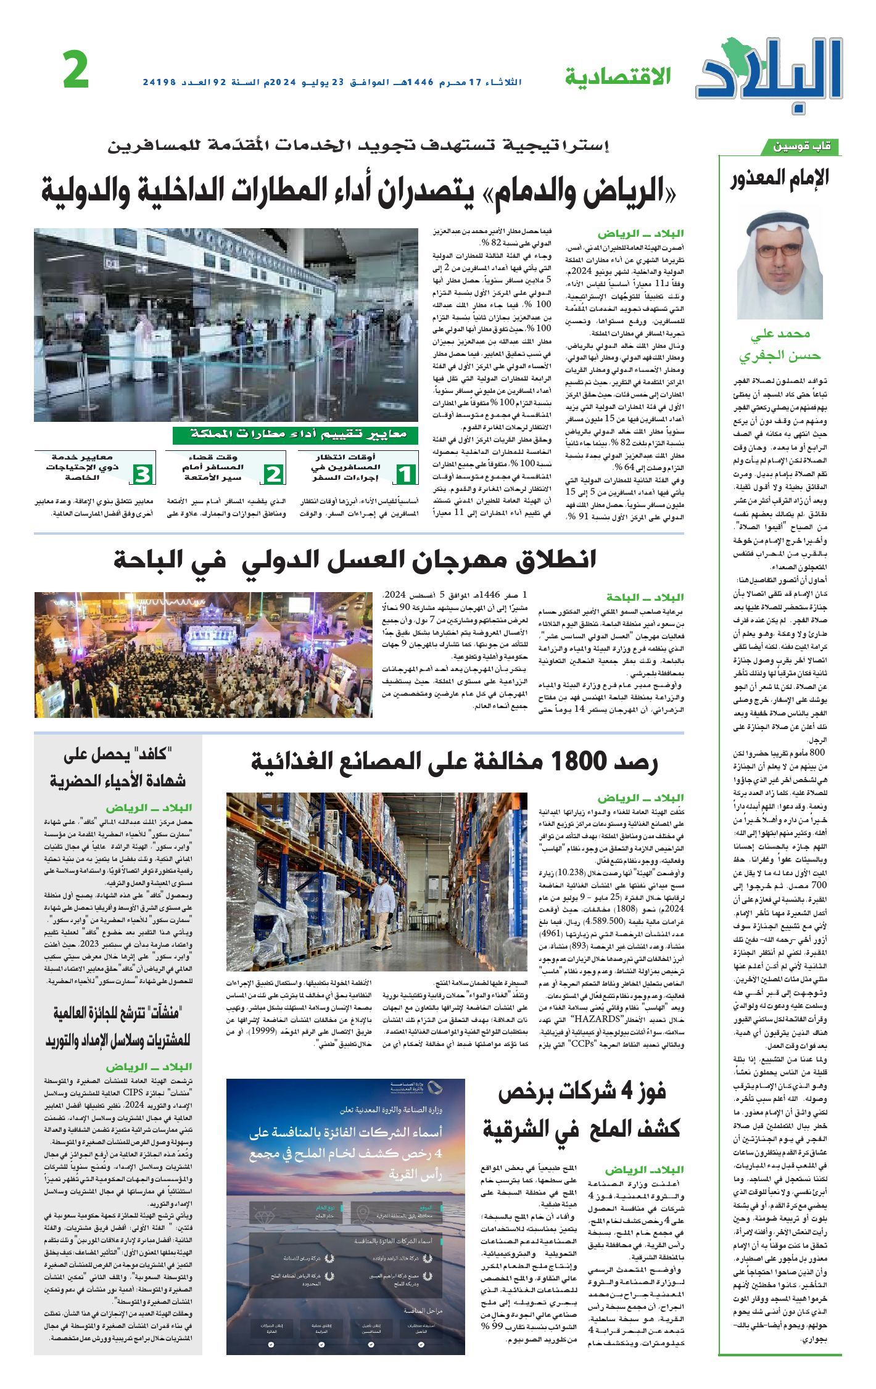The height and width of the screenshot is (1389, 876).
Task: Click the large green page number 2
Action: pyautogui.click(x=76, y=71)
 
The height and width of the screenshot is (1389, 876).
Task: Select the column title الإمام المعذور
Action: pyautogui.click(x=780, y=178)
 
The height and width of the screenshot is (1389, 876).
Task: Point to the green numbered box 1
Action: pyautogui.click(x=405, y=473)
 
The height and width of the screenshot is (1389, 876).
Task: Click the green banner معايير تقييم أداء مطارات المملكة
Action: pyautogui.click(x=295, y=435)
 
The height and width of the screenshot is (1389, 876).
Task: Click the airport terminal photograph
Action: pyautogui.click(x=226, y=324)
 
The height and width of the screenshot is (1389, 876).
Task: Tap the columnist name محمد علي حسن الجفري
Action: pyautogui.click(x=780, y=345)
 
